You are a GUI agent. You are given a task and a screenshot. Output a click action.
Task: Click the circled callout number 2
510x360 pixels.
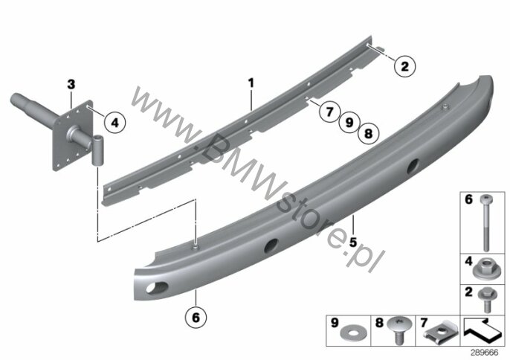click(404, 66)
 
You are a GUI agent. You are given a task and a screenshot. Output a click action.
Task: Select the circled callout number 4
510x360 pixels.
click(115, 123)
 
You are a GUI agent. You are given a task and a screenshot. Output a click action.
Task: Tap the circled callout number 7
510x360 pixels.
click(329, 112)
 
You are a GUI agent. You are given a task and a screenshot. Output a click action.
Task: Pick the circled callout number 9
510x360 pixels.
click(349, 123)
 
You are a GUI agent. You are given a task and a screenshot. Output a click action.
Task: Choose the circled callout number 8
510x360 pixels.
click(368, 133)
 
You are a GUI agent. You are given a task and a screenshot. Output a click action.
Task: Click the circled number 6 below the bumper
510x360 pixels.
click(196, 317)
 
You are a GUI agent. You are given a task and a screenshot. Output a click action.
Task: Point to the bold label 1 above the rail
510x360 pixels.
click(251, 83)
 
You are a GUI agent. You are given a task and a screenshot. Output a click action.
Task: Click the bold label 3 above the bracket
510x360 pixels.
click(71, 84)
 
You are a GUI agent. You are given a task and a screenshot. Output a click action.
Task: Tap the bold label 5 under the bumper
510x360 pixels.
click(353, 242)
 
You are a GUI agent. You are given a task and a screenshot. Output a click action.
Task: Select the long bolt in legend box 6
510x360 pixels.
click(486, 223)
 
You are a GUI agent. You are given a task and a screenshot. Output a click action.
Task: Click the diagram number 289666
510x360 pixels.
click(485, 353)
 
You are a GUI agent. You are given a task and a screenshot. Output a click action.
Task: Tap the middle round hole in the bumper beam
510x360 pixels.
click(271, 245)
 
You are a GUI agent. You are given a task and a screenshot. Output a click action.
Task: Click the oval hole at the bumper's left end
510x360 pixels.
click(157, 288)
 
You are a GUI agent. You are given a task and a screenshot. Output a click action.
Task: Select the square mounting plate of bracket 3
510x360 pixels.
click(73, 135)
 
